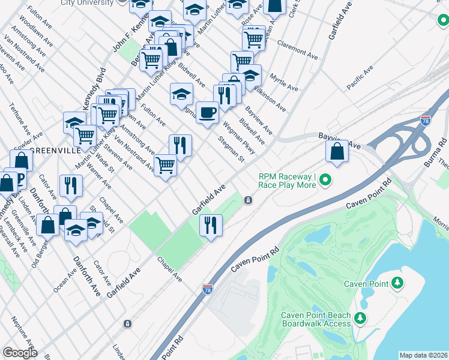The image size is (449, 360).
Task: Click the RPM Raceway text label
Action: pos(287,181)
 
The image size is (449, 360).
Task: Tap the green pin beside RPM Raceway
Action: pos(325,179)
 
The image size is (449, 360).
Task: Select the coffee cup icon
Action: pos(207,113)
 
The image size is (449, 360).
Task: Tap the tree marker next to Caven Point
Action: pos(397,283)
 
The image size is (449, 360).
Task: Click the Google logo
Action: pos(20,352)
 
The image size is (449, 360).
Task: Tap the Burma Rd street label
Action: pos(431,154)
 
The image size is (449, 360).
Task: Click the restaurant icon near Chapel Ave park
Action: pos(210,226)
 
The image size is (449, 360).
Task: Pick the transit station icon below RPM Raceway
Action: pos(247,200)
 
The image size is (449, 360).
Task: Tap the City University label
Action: pos(87,3)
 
